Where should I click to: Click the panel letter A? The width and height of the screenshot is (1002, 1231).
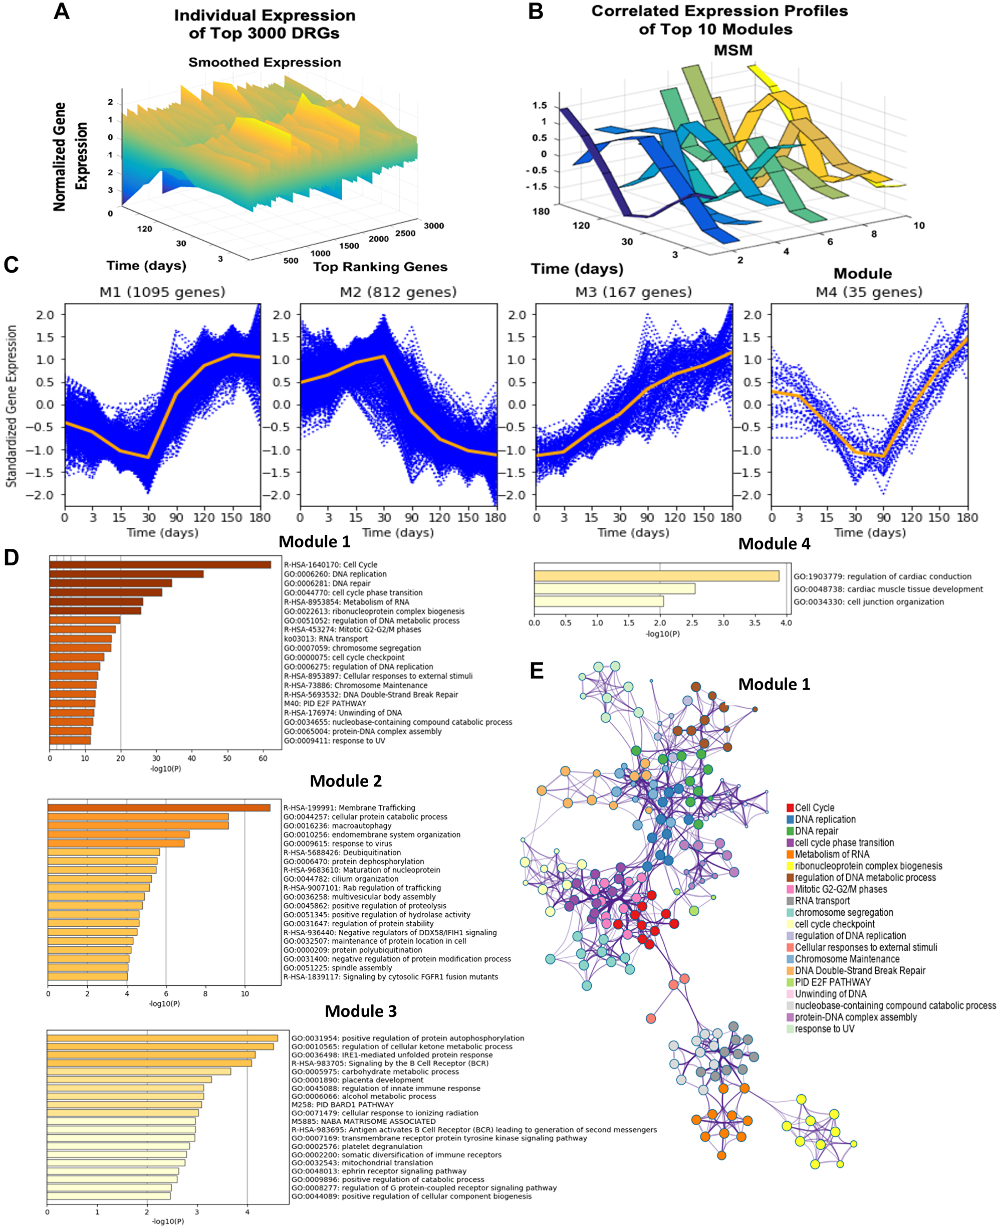61,12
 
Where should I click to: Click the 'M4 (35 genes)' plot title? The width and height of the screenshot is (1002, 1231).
869,292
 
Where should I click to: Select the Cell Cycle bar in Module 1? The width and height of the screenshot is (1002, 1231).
160,565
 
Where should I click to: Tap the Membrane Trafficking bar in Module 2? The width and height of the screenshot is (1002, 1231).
159,808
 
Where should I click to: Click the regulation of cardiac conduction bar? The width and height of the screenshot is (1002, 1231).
656,576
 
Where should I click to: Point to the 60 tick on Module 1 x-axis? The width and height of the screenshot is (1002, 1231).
263,758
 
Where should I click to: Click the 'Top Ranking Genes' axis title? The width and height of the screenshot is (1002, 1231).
380,267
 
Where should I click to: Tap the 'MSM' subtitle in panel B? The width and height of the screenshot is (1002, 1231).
733,50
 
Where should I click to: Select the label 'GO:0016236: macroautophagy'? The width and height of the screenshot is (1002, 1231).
337,826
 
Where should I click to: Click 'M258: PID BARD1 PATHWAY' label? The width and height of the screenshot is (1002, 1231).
342,1105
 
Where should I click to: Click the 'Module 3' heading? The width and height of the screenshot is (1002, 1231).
361,1011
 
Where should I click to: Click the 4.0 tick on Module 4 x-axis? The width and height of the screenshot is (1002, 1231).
786,623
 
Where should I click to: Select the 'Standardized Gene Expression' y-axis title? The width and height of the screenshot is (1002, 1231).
12,406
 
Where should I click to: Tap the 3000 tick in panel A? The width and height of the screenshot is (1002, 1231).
433,226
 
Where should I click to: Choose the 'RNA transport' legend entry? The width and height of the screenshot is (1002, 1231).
822,901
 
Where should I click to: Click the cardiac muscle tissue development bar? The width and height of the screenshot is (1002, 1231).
614,589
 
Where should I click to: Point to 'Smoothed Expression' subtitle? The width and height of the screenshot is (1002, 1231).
265,62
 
